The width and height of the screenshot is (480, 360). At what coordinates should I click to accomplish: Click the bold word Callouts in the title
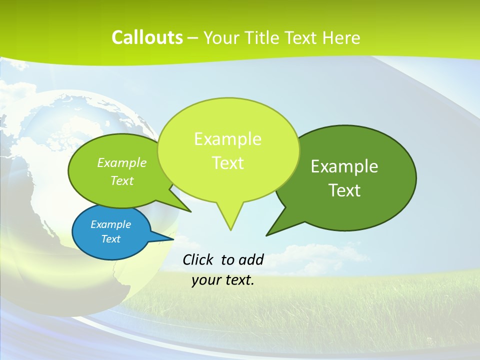coord(147,37)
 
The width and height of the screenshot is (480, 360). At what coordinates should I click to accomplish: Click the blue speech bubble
coord(111,232)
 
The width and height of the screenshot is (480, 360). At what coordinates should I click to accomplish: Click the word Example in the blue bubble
coord(110,224)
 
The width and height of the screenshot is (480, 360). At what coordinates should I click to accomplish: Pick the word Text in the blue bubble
coord(110,239)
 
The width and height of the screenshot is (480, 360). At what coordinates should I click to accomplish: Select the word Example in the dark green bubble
coord(344,166)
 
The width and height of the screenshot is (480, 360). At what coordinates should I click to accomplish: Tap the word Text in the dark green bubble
coord(344,190)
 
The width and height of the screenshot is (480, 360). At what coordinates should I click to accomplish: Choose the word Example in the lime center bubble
coord(227,139)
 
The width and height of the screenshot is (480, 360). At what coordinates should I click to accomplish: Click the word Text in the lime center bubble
coord(227,163)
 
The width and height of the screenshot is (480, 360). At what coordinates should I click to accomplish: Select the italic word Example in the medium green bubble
coord(122,163)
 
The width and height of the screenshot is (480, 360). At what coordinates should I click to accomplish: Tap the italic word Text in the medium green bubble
coord(122,181)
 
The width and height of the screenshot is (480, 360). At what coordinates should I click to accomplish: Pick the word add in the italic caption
coord(251,259)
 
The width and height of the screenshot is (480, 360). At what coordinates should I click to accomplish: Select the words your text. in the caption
coord(223,280)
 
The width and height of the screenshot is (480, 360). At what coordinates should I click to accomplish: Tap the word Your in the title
coord(221,37)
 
